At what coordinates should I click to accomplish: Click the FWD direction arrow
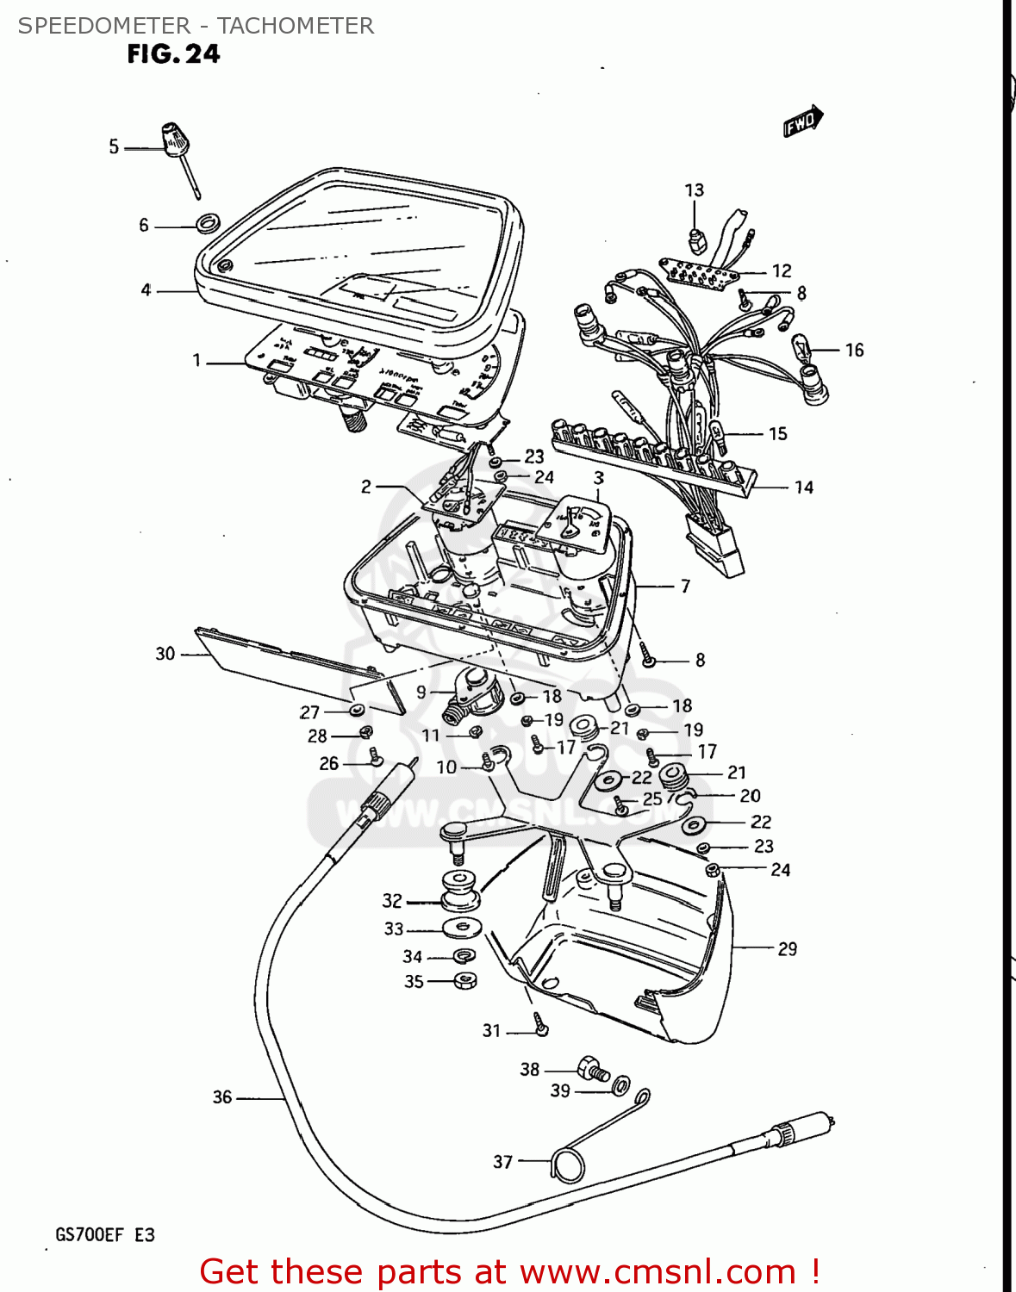(x=803, y=121)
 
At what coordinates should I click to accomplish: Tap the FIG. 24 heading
(x=173, y=54)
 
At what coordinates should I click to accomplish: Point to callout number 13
(x=695, y=190)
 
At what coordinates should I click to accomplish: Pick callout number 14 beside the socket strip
(x=804, y=488)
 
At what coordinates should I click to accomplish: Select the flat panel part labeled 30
(x=293, y=668)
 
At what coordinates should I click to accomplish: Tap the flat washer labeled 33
(x=463, y=929)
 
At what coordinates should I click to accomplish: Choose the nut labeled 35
(x=465, y=980)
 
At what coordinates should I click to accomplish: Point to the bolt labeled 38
(x=593, y=1069)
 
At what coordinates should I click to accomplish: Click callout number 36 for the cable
(x=222, y=1096)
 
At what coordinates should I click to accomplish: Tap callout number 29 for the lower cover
(x=788, y=948)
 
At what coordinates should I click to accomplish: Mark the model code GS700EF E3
(x=105, y=1234)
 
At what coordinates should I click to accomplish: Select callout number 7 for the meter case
(x=685, y=587)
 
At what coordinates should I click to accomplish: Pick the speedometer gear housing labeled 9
(x=470, y=694)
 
